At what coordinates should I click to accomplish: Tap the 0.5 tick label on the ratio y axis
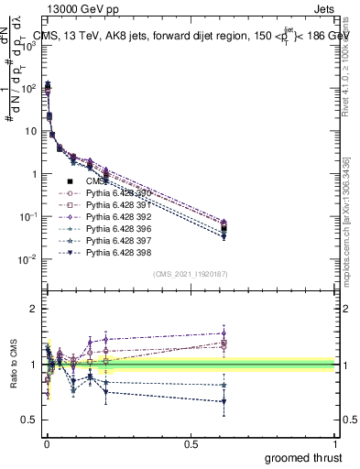(29, 419)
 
